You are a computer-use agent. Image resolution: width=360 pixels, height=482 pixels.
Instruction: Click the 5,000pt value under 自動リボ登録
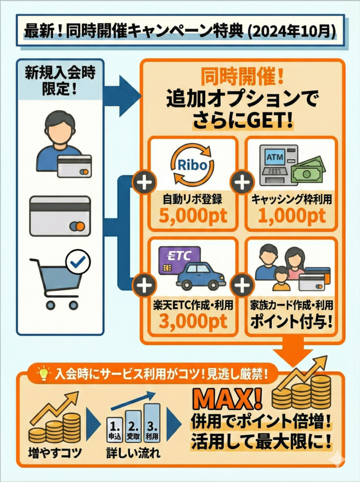tap(193, 216)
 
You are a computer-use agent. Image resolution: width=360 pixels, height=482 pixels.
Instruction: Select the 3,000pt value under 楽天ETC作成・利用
tap(193, 321)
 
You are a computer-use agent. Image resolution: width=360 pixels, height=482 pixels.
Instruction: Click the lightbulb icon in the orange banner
tap(44, 374)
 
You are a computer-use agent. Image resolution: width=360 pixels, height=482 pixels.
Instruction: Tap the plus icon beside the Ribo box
tap(144, 183)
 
